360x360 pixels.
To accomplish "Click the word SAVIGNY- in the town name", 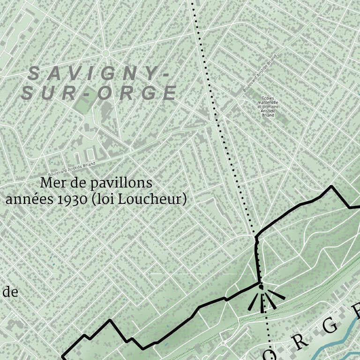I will [x=93, y=73].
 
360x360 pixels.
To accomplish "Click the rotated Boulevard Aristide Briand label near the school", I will [x=259, y=73].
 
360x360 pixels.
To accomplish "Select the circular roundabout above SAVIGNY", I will [x=105, y=53].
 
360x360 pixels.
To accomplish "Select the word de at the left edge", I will [x=10, y=292].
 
